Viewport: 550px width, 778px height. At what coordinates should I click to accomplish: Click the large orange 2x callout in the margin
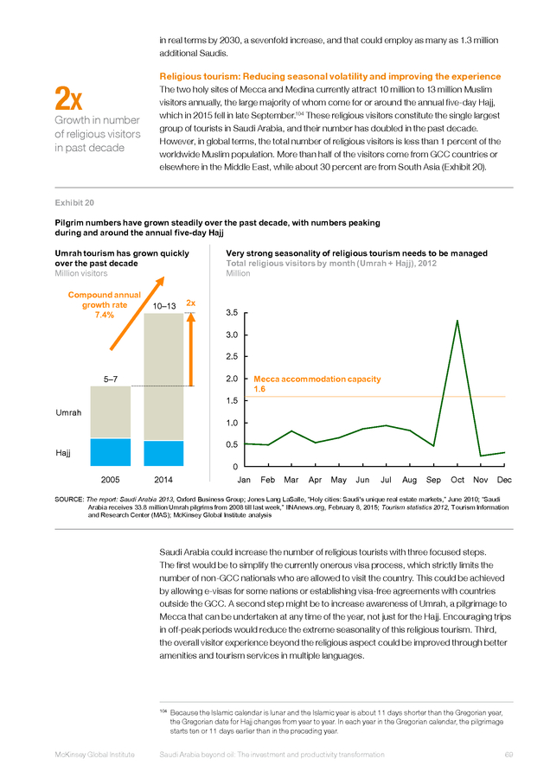click(x=68, y=99)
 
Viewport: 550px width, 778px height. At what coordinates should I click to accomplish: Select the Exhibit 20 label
click(x=74, y=202)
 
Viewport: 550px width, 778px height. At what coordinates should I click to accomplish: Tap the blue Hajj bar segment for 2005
click(x=110, y=452)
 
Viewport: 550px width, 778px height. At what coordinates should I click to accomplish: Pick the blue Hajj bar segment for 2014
click(x=163, y=453)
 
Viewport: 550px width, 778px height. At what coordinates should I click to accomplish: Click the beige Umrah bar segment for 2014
click(x=163, y=377)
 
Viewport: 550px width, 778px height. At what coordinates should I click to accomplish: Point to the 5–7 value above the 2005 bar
click(x=110, y=379)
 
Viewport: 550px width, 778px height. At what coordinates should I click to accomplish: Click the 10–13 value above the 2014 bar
click(x=164, y=306)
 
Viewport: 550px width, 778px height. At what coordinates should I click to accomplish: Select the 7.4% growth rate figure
click(x=105, y=315)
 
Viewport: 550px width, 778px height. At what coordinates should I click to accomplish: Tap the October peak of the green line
click(x=457, y=321)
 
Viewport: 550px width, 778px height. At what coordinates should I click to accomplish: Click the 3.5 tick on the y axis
click(x=232, y=313)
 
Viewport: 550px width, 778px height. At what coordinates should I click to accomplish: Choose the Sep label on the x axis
click(x=433, y=480)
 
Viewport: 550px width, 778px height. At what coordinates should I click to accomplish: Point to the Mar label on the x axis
click(x=291, y=480)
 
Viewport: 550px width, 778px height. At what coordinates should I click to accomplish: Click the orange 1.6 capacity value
click(x=259, y=389)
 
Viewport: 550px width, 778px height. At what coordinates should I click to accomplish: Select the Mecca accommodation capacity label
click(x=317, y=379)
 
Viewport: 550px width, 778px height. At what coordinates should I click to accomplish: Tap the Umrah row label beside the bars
click(x=68, y=412)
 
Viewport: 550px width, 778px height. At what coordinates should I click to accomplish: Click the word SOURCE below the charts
click(x=69, y=499)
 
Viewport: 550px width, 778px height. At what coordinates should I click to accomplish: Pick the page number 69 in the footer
click(x=508, y=755)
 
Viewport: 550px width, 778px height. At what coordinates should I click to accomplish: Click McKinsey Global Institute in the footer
click(x=94, y=755)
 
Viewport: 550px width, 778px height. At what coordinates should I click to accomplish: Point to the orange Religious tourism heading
click(x=330, y=76)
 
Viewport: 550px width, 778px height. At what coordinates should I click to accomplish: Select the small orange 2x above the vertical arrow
click(x=190, y=303)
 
